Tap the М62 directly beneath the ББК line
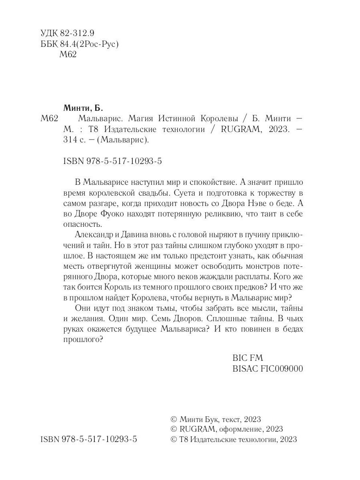pos(68,56)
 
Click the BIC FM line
pos(248,358)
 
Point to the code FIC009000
pos(283,368)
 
